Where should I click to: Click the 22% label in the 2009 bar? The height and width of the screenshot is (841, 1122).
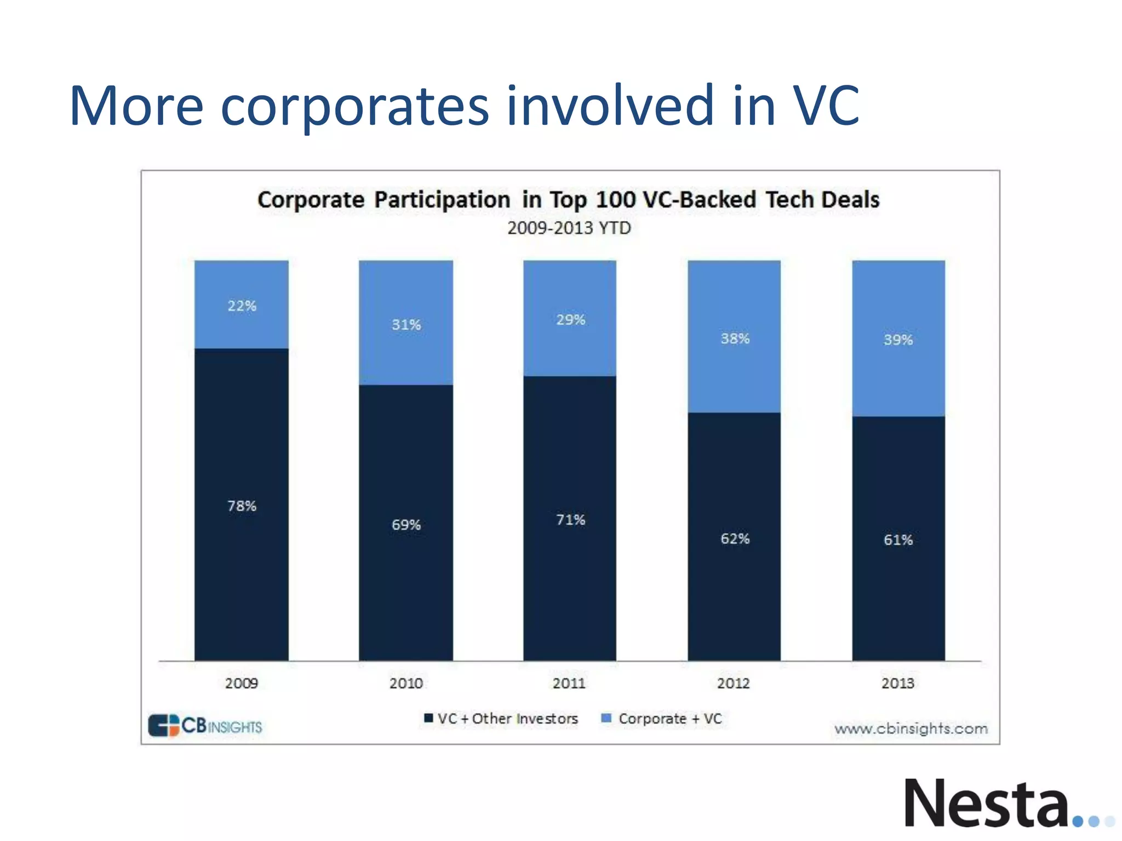click(242, 306)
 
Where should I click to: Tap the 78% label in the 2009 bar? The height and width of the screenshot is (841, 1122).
click(242, 505)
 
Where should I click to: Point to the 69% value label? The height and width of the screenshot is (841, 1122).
click(406, 525)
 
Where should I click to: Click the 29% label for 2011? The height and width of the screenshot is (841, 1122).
click(570, 320)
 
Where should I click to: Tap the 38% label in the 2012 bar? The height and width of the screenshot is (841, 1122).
click(735, 338)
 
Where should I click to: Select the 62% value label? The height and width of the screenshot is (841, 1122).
click(735, 539)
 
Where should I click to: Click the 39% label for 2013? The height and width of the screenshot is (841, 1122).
click(898, 339)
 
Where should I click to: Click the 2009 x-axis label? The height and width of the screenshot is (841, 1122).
click(242, 683)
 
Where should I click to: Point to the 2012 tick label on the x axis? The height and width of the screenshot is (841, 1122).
click(734, 683)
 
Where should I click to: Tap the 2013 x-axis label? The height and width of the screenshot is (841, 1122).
click(898, 683)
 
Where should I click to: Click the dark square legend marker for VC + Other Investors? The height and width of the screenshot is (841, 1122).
click(428, 718)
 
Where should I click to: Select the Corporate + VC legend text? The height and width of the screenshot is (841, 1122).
click(670, 718)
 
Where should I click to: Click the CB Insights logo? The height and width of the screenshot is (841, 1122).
click(205, 726)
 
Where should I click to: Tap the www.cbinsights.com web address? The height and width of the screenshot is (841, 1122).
click(911, 729)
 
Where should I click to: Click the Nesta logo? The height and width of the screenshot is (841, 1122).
click(986, 803)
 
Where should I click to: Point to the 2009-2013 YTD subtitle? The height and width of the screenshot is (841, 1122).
click(569, 228)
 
